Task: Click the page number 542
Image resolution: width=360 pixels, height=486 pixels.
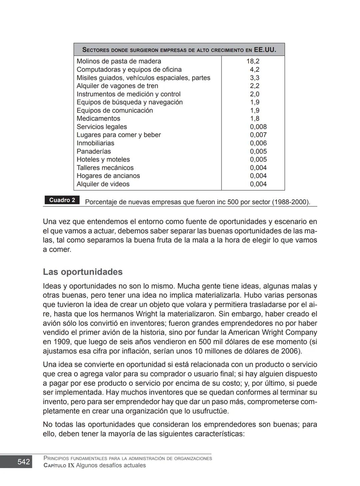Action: coord(23,462)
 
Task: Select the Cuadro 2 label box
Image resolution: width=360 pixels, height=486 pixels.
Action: coord(62,200)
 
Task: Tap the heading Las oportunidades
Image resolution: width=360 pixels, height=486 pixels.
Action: coord(83,272)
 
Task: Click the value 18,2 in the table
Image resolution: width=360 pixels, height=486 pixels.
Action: coord(253,61)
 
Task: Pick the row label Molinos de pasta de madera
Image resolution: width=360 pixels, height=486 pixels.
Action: coord(119,61)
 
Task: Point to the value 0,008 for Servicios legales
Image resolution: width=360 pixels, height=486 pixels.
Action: coord(258,127)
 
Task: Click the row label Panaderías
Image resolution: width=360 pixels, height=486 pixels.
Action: coord(94,151)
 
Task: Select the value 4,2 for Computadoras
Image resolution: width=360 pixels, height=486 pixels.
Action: coord(255,70)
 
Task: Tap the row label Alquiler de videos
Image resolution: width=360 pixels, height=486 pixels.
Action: coord(103,184)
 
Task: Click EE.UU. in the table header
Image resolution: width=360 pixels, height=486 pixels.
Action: coord(265,50)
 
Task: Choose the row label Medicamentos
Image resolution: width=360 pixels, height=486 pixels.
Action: coord(98,119)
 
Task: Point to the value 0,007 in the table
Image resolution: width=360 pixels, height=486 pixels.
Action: coord(258,135)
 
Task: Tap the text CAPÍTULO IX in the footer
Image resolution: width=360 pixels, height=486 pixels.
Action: coord(59,465)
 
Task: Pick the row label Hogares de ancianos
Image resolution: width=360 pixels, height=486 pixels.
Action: coord(108,176)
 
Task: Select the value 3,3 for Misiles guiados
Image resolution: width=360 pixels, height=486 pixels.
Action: coord(255,78)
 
